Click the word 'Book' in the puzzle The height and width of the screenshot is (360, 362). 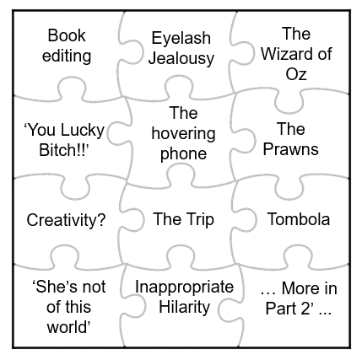(67, 35)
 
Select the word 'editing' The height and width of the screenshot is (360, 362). (67, 56)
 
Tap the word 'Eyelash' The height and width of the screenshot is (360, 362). (181, 39)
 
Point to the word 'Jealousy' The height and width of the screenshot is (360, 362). (181, 58)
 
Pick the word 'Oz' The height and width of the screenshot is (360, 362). (296, 74)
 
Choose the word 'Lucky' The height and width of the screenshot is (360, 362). (83, 131)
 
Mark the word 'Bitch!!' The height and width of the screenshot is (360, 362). (62, 150)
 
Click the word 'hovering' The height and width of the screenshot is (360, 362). (183, 134)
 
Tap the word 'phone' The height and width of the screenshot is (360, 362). (183, 154)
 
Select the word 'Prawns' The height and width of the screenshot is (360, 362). (291, 149)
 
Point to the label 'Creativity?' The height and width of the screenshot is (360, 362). (66, 220)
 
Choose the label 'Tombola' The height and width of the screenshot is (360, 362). (299, 219)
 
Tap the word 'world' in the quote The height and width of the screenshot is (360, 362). (67, 327)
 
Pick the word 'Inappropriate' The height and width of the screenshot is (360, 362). (185, 287)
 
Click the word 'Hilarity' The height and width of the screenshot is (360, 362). (185, 307)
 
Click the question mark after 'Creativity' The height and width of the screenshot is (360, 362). (101, 219)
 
